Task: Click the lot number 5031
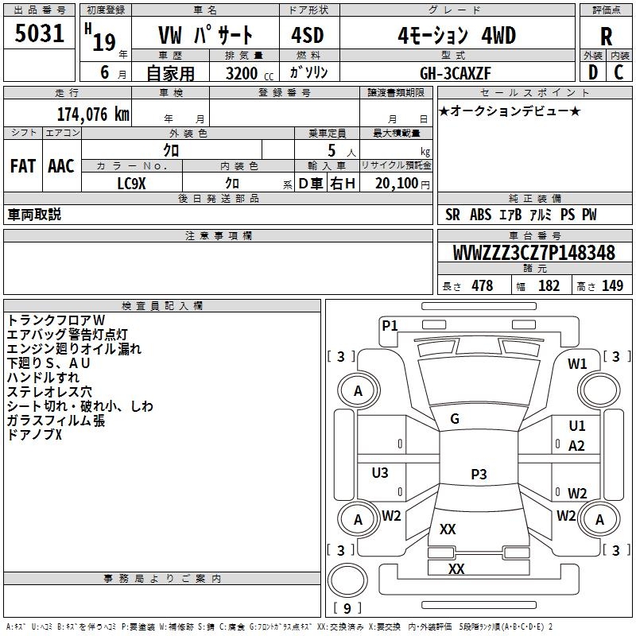pos(39,35)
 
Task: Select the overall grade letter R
pos(606,36)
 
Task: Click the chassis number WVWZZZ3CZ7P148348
pos(534,254)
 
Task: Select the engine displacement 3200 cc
pos(240,72)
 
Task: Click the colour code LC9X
pos(132,183)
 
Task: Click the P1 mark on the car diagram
pos(390,324)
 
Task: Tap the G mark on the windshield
pos(455,419)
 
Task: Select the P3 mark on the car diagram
pos(479,475)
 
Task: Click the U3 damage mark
pos(380,473)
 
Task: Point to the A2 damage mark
pos(577,446)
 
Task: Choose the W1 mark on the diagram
pos(577,364)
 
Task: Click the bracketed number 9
pos(347,608)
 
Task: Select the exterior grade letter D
pos(592,72)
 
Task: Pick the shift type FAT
pos(22,166)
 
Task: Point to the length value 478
pos(482,286)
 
